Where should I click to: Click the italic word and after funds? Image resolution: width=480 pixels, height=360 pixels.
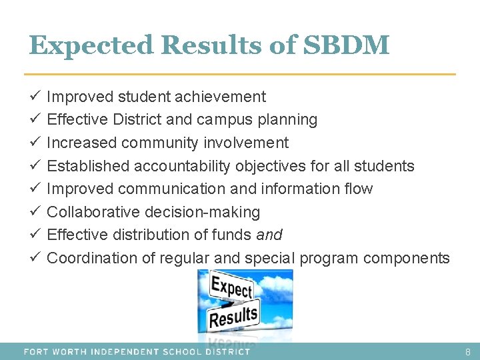pyautogui.click(x=269, y=235)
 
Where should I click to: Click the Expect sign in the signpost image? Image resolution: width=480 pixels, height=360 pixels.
pyautogui.click(x=231, y=289)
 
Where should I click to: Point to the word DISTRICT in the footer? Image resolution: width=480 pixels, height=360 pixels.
pyautogui.click(x=226, y=351)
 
